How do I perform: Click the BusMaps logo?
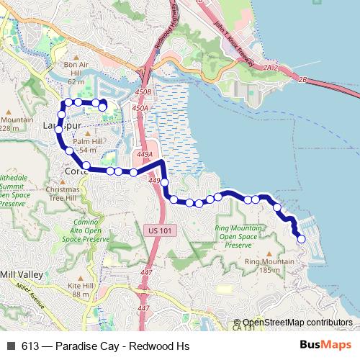325,346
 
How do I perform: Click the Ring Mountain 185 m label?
262,266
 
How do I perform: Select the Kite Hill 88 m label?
81,289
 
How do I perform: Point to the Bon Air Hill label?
76,68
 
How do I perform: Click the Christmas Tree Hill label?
61,193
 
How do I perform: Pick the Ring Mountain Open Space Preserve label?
238,236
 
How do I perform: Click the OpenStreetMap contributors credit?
297,323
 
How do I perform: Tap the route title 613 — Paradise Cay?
105,346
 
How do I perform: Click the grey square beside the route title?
11,346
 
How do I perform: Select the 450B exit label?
143,92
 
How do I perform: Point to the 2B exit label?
302,79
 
